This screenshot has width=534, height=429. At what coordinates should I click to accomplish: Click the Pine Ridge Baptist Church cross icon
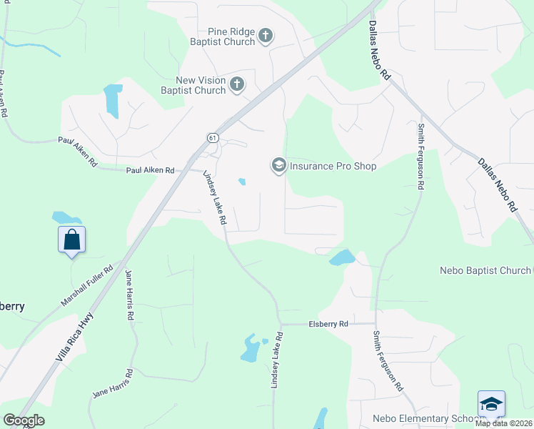[x=266, y=36]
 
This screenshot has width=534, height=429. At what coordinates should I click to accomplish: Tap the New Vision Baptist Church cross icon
[x=237, y=85]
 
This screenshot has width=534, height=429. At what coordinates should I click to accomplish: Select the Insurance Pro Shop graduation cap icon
[x=278, y=166]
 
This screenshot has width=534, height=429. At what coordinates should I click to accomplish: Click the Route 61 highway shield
[x=213, y=137]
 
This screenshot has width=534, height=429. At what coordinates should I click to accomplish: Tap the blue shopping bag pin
[x=71, y=240]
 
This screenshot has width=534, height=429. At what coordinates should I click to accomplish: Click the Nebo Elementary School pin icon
[x=491, y=404]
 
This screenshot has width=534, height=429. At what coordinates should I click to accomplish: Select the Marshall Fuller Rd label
[x=87, y=287]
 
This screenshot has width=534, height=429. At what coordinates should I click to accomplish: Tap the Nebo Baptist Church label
[x=485, y=270]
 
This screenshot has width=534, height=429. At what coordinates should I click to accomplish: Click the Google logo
[x=24, y=420]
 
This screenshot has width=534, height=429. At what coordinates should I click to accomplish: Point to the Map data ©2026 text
[x=504, y=423]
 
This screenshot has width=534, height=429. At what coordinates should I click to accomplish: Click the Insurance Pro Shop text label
[x=332, y=166]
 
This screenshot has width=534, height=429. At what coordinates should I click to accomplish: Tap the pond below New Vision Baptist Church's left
[x=112, y=101]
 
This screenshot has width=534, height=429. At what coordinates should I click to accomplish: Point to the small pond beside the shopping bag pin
[x=65, y=217]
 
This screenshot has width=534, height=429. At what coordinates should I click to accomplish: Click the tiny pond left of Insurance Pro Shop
[x=242, y=182]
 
